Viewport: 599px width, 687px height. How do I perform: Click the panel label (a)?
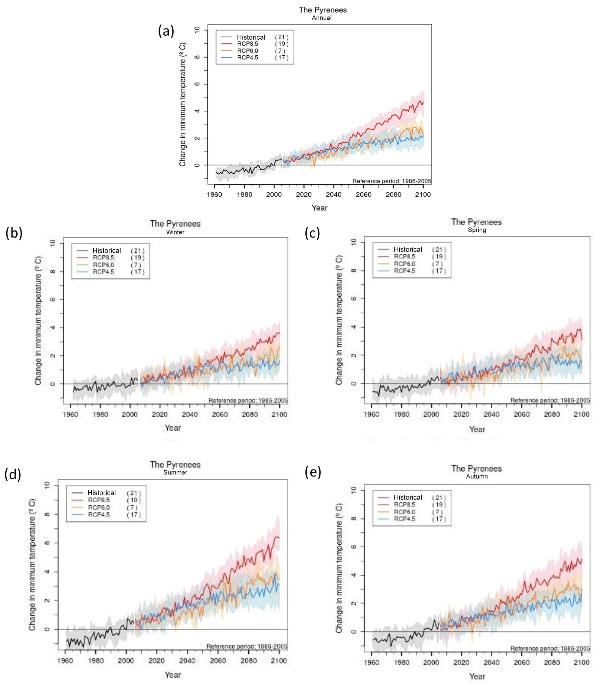[166, 31]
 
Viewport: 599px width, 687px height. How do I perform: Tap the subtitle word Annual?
[322, 18]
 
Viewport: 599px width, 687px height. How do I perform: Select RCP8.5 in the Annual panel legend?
[247, 44]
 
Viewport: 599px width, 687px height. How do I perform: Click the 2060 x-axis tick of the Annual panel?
[363, 194]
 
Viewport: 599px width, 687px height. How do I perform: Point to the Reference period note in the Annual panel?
[392, 181]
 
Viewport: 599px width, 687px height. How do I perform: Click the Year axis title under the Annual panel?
[320, 208]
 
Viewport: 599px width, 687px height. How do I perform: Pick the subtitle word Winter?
[175, 232]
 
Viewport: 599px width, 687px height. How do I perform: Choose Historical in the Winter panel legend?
[107, 251]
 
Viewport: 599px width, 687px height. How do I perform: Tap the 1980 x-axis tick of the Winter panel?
[100, 415]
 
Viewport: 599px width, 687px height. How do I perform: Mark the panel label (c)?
[312, 233]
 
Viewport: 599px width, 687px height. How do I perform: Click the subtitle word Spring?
[477, 230]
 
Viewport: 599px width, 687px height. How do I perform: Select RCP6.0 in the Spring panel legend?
[405, 264]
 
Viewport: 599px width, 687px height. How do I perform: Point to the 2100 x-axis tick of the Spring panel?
[582, 414]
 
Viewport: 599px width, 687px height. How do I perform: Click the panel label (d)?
[13, 474]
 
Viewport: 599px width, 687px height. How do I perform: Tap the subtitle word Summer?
[175, 472]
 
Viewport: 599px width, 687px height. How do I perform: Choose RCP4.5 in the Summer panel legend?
[99, 515]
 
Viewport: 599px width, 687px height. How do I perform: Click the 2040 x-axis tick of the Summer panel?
[187, 661]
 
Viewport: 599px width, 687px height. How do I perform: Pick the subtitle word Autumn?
[477, 476]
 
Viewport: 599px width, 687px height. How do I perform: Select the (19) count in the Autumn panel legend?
[439, 505]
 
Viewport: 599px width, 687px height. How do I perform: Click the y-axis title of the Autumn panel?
[339, 568]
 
